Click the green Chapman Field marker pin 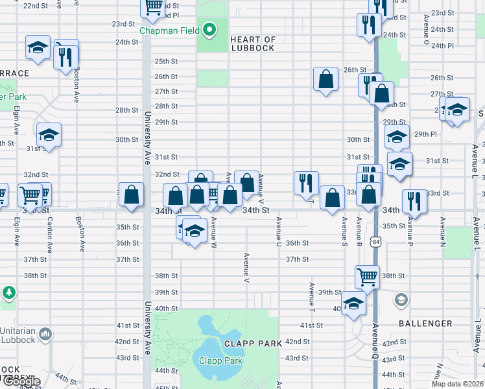pos(209,30)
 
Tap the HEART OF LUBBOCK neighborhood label pos(253,44)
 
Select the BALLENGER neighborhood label pos(425,323)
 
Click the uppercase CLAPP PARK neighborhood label pos(253,344)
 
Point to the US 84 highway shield pos(376,241)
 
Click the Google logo pos(21,381)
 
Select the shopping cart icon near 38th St pos(367,277)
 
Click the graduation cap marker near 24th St pos(38,47)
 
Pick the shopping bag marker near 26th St pos(325,80)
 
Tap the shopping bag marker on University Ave pos(132,194)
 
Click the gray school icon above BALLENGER pos(401,299)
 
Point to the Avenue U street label pos(279,231)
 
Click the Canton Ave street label pos(49,234)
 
